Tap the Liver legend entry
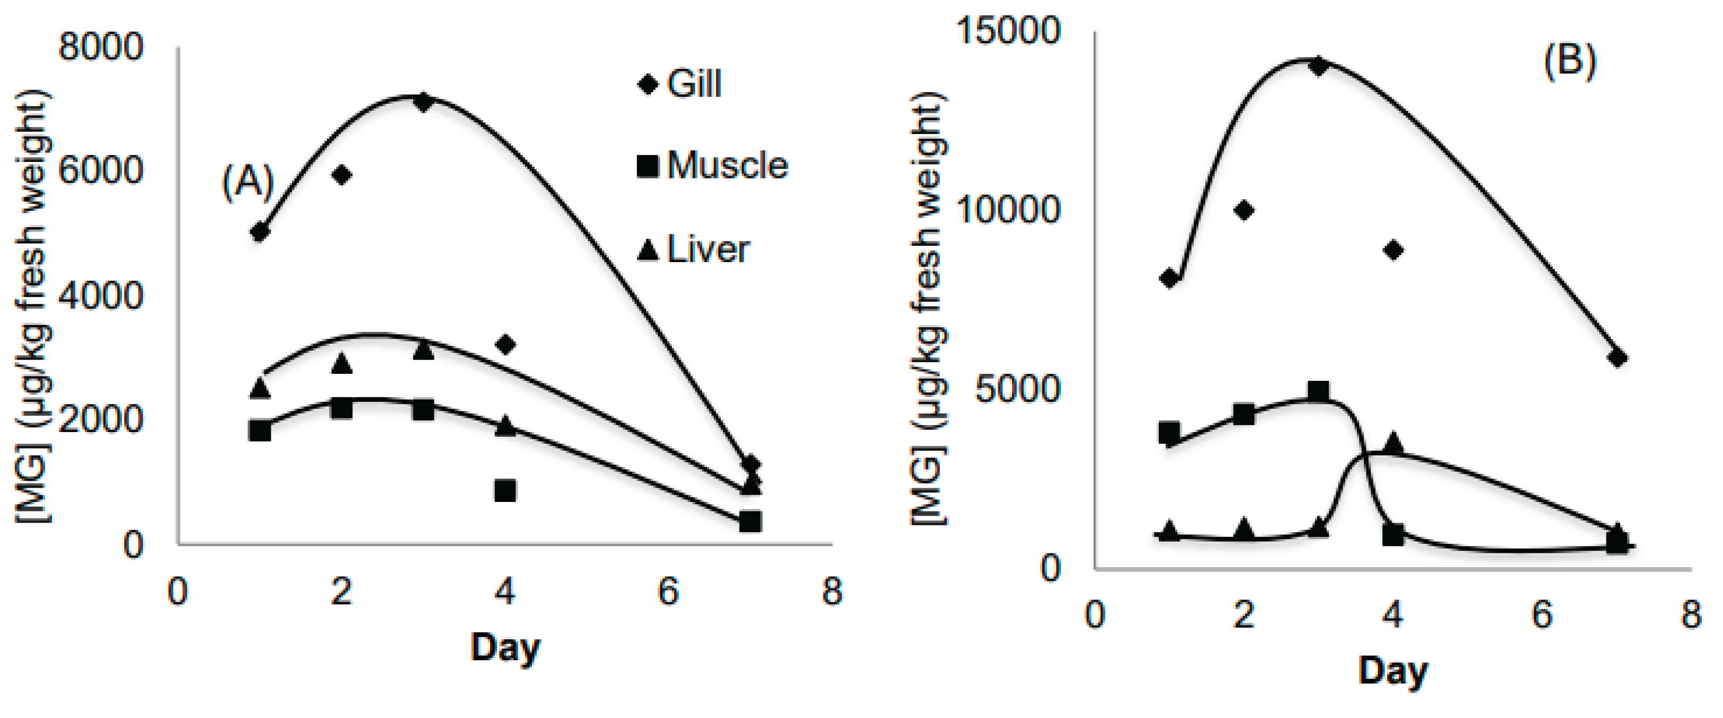(694, 249)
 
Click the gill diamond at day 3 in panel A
(423, 102)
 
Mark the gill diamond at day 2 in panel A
(342, 175)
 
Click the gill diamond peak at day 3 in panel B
(1318, 66)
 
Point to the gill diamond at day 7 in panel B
(1617, 357)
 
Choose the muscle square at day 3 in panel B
(1318, 392)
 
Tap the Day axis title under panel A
(505, 647)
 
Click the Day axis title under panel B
(1392, 670)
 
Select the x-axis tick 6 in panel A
(668, 591)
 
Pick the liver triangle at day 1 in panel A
(260, 387)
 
